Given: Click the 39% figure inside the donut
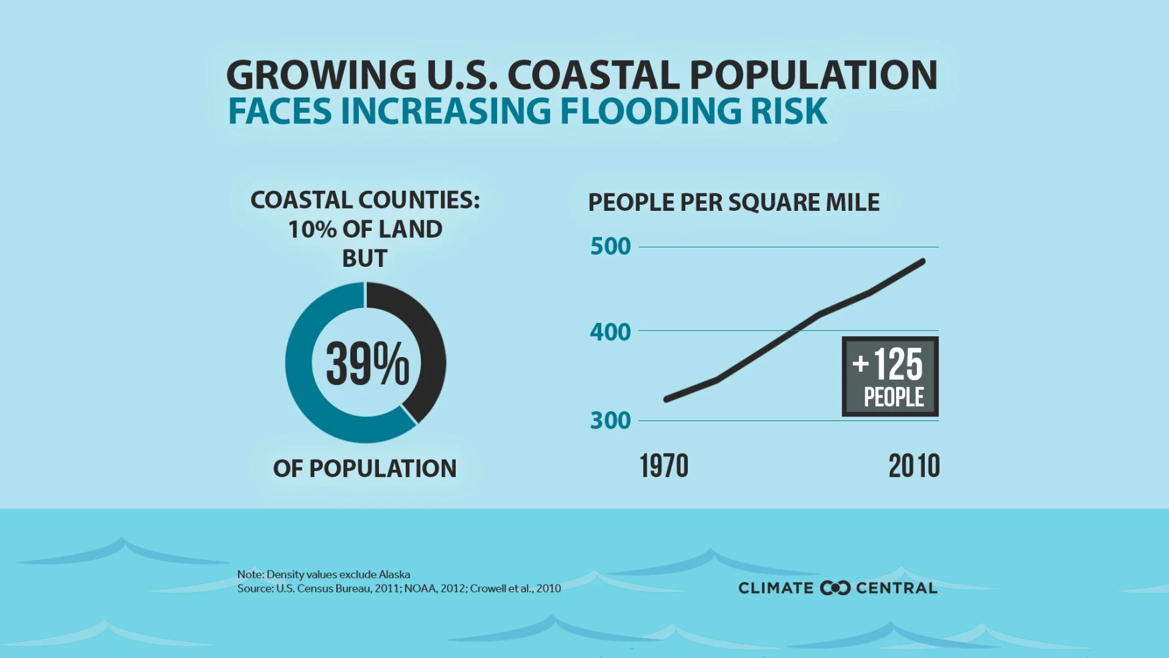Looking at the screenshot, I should tap(367, 364).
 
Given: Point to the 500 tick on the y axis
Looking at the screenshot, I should tap(611, 246).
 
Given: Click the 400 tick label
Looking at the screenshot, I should tap(611, 332).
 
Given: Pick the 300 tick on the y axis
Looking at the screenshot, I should tap(611, 420).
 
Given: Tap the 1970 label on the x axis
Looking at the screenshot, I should tap(664, 466).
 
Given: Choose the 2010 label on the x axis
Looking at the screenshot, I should tap(913, 466).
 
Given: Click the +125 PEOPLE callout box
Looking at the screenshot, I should tap(890, 376).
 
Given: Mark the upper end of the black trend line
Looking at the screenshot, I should tap(923, 261).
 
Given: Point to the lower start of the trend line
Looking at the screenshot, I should tap(667, 399).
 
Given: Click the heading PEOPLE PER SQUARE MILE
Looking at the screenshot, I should tap(733, 202).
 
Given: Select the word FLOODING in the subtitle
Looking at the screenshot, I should tap(651, 111).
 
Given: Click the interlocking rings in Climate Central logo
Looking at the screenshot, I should tap(835, 588).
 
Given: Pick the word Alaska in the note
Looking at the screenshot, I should tap(394, 574).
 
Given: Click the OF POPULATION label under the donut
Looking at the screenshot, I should tap(365, 468).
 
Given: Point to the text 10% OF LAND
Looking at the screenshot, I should tap(365, 229).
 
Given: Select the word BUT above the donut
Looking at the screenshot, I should tap(365, 258).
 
